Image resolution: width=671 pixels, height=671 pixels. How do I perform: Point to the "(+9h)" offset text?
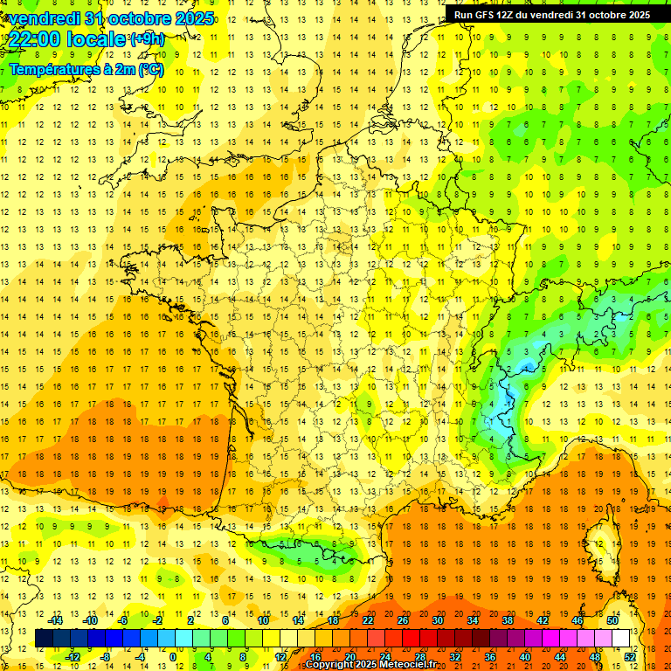[x=146, y=39]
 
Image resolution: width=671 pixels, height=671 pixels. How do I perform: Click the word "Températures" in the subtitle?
[x=55, y=69]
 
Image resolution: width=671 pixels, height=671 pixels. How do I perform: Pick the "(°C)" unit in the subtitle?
[x=149, y=69]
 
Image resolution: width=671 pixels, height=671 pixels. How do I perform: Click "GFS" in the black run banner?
[x=485, y=14]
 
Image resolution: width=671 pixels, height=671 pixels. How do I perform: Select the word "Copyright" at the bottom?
[x=327, y=665]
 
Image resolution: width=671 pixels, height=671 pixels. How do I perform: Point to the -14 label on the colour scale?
[x=55, y=620]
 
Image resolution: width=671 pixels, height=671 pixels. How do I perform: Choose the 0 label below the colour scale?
[x=172, y=657]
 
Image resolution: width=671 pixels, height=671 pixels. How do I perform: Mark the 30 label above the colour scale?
[x=437, y=620]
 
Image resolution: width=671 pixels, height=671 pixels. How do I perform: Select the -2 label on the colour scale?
[x=157, y=620]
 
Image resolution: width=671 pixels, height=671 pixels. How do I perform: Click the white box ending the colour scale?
[x=621, y=639]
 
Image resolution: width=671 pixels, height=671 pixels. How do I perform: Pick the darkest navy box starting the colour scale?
[x=44, y=639]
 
